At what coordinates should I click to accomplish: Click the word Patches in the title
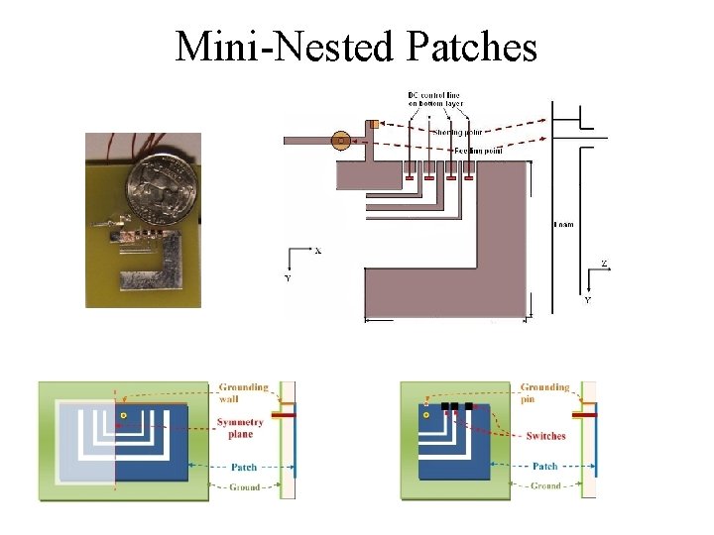point(467,47)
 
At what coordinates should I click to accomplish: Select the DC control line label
point(433,100)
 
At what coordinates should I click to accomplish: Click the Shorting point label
point(459,131)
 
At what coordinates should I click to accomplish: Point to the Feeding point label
point(478,151)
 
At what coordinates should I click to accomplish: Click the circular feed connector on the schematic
point(341,141)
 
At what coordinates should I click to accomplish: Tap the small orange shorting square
point(374,125)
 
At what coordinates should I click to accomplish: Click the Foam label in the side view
point(563,225)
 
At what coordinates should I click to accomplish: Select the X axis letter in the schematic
point(317,251)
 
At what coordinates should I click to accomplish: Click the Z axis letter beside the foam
point(603,265)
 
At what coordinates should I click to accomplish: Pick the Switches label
point(546,436)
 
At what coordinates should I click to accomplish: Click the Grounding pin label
point(545,393)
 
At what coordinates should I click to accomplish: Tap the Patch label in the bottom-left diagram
point(243,467)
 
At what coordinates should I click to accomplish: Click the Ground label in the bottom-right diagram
point(546,485)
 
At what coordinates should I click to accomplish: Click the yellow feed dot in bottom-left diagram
point(123,412)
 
